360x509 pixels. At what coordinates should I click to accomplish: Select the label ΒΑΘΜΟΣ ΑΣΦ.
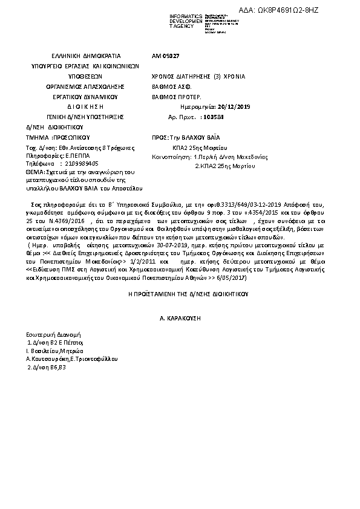[169, 87]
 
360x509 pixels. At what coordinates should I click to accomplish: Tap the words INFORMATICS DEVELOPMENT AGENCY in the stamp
[170, 21]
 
